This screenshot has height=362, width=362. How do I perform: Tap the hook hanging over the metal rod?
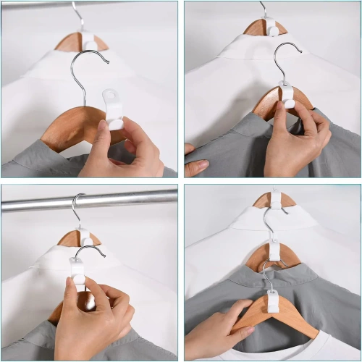pyautogui.click(x=75, y=206)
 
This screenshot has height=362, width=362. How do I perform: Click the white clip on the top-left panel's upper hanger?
pyautogui.click(x=88, y=41)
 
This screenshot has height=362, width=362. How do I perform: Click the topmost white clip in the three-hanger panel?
pyautogui.click(x=276, y=198)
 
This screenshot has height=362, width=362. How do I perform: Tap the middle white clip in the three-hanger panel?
pyautogui.click(x=274, y=251)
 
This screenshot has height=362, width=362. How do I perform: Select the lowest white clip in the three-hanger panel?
pyautogui.click(x=273, y=300)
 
